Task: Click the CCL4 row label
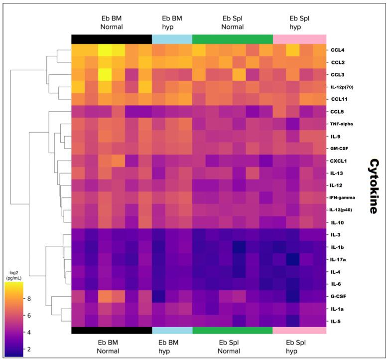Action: (337, 50)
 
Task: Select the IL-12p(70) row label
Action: (343, 87)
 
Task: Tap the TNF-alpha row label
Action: (342, 124)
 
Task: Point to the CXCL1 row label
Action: (339, 161)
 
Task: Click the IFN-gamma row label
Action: (343, 197)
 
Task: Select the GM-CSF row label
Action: (340, 149)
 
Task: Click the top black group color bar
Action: (112, 39)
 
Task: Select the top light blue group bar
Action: (172, 39)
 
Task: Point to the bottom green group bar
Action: (232, 330)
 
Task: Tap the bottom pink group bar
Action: (299, 330)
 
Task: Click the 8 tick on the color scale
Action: (29, 299)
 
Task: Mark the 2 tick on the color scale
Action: (29, 349)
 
